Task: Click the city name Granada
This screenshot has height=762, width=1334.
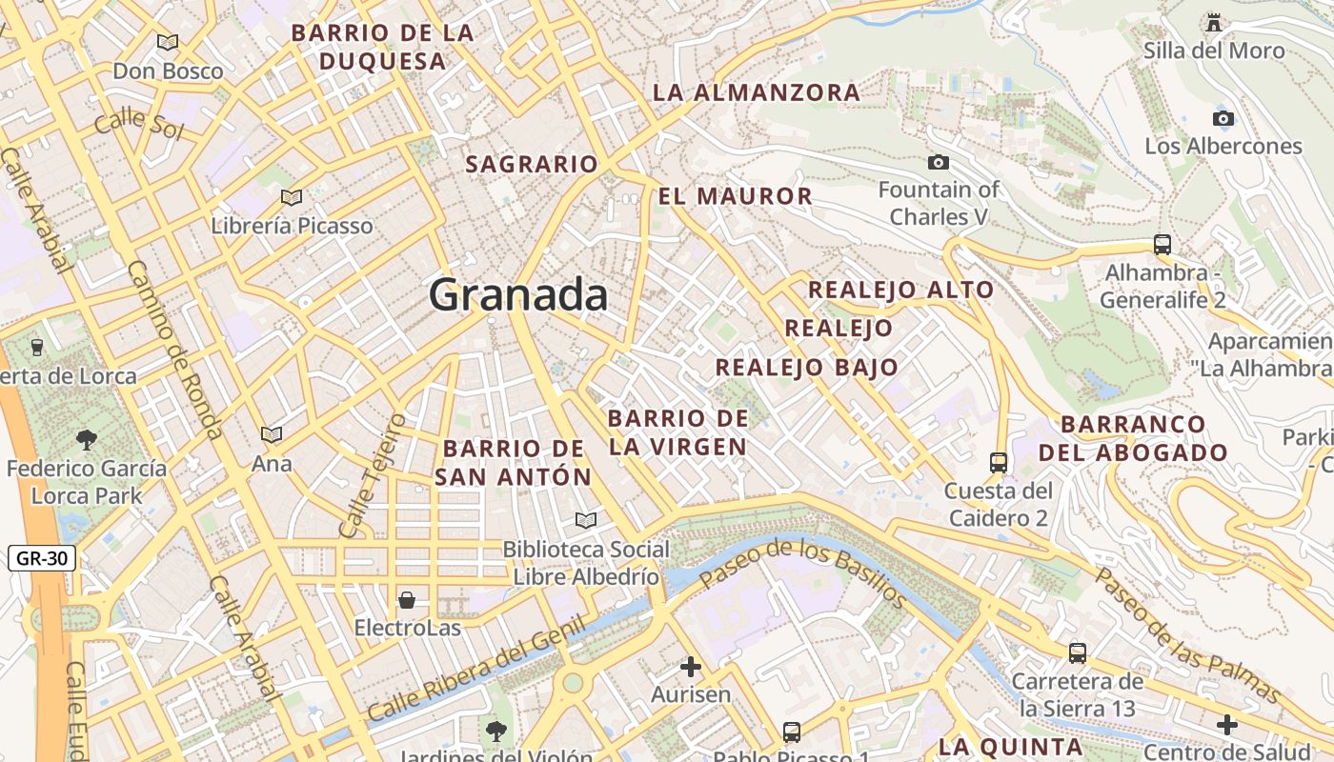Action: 518,294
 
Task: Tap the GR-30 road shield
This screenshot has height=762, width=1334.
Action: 42,558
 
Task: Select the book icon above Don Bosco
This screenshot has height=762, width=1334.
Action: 168,42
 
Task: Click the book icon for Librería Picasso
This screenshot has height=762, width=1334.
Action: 292,197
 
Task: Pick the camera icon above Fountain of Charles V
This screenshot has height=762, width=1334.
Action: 939,162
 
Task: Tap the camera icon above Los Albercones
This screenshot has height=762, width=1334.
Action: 1223,118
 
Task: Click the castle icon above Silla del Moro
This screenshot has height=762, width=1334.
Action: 1214,21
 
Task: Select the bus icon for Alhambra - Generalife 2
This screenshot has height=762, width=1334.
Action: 1162,244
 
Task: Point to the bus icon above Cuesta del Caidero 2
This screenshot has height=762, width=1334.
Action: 999,463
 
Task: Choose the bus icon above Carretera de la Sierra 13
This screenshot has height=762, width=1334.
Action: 1078,653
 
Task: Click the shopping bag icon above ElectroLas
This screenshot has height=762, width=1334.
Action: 407,599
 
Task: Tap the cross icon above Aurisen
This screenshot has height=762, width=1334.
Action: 691,666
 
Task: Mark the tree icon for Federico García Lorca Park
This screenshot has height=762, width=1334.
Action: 87,439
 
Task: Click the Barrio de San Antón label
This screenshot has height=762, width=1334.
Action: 513,462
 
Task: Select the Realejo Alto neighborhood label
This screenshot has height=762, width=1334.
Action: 900,290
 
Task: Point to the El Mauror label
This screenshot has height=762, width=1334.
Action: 735,197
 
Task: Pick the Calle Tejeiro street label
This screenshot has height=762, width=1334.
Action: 373,475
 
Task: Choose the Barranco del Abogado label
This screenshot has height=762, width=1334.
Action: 1133,438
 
